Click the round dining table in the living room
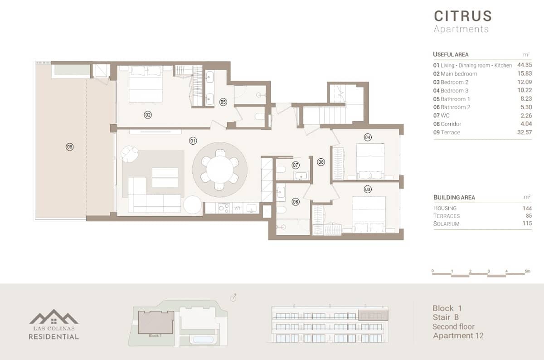pyautogui.click(x=220, y=169)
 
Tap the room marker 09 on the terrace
pyautogui.click(x=69, y=146)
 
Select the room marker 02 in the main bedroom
pyautogui.click(x=148, y=115)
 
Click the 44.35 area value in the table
pyautogui.click(x=524, y=65)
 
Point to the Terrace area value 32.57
pyautogui.click(x=524, y=132)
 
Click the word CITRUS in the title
pyautogui.click(x=462, y=16)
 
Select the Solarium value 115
pyautogui.click(x=526, y=224)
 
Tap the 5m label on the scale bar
pyautogui.click(x=527, y=271)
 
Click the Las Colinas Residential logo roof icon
pyautogui.click(x=53, y=317)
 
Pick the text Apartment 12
pyautogui.click(x=458, y=336)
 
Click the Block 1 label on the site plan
pyautogui.click(x=155, y=336)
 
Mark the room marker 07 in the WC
pyautogui.click(x=296, y=165)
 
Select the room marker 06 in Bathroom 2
pyautogui.click(x=296, y=202)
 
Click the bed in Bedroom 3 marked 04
pyautogui.click(x=370, y=158)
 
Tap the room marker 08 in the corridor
pyautogui.click(x=321, y=161)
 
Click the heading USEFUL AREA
pyautogui.click(x=451, y=54)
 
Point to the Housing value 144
pyautogui.click(x=526, y=208)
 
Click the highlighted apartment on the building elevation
pyautogui.click(x=373, y=315)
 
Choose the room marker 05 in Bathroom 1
pyautogui.click(x=223, y=102)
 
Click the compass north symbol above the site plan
pyautogui.click(x=234, y=297)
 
